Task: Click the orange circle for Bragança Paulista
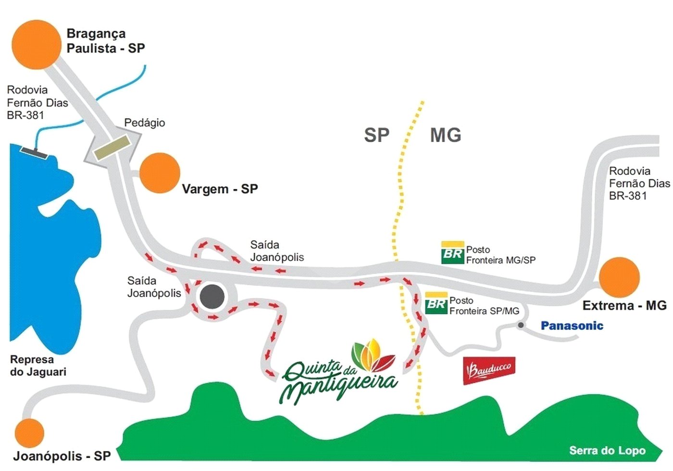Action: pos(37,45)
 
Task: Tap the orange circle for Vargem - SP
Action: pos(160,173)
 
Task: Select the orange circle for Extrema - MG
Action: pos(619,278)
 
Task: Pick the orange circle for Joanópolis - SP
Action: pos(29,433)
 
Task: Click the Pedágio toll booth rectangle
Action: pos(112,148)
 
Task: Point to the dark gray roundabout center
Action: pos(212,297)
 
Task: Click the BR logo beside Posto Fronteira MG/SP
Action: pos(453,253)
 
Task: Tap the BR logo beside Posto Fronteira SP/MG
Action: pos(436,303)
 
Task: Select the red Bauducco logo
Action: pos(489,371)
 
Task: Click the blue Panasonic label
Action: pos(572,326)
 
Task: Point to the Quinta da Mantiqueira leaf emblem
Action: pos(373,355)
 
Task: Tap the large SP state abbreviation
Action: pos(377,135)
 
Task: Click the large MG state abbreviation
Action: pos(446,135)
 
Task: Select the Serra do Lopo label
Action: pos(607,451)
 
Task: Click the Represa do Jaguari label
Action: pos(38,366)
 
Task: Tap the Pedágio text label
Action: pos(145,123)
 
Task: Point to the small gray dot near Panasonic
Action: pos(521,325)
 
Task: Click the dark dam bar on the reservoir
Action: pos(34,153)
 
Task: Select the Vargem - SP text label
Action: pos(220,189)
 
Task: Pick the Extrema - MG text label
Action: pos(624,306)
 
